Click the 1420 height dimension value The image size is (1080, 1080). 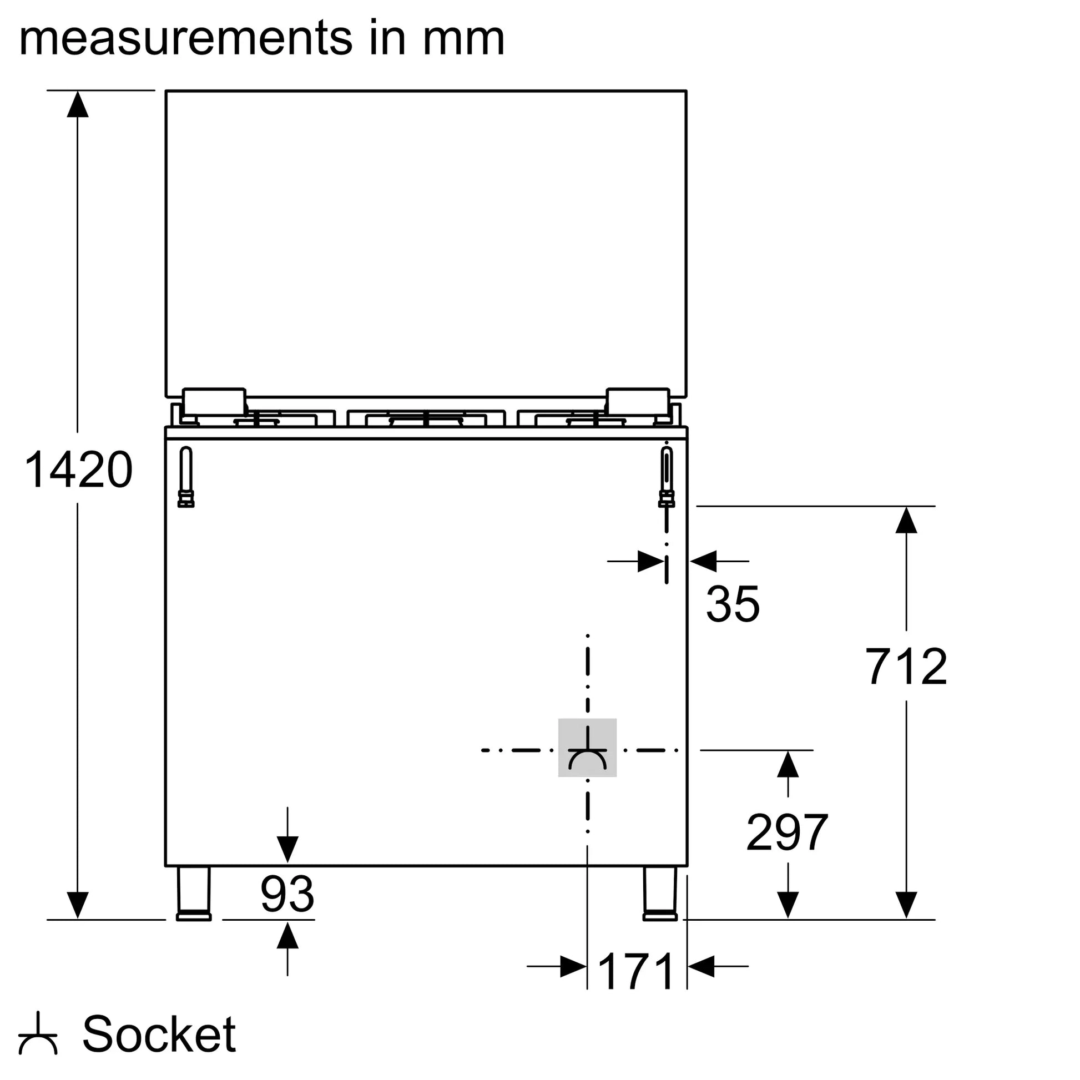point(79,470)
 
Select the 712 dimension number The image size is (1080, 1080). point(906,667)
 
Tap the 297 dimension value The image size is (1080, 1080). point(787,833)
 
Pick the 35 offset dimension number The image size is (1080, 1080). point(733,604)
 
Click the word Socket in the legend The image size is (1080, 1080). point(159,1034)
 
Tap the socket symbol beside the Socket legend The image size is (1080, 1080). point(38,1034)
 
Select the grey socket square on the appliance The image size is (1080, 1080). point(587,748)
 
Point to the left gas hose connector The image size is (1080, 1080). point(185,477)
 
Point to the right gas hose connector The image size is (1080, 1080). point(667,477)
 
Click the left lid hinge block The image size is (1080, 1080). point(214,402)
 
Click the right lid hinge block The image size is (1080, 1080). point(638,402)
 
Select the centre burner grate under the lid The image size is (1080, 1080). point(426,418)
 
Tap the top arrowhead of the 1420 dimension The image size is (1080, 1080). point(78,104)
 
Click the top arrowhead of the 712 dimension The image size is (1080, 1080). point(906,520)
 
